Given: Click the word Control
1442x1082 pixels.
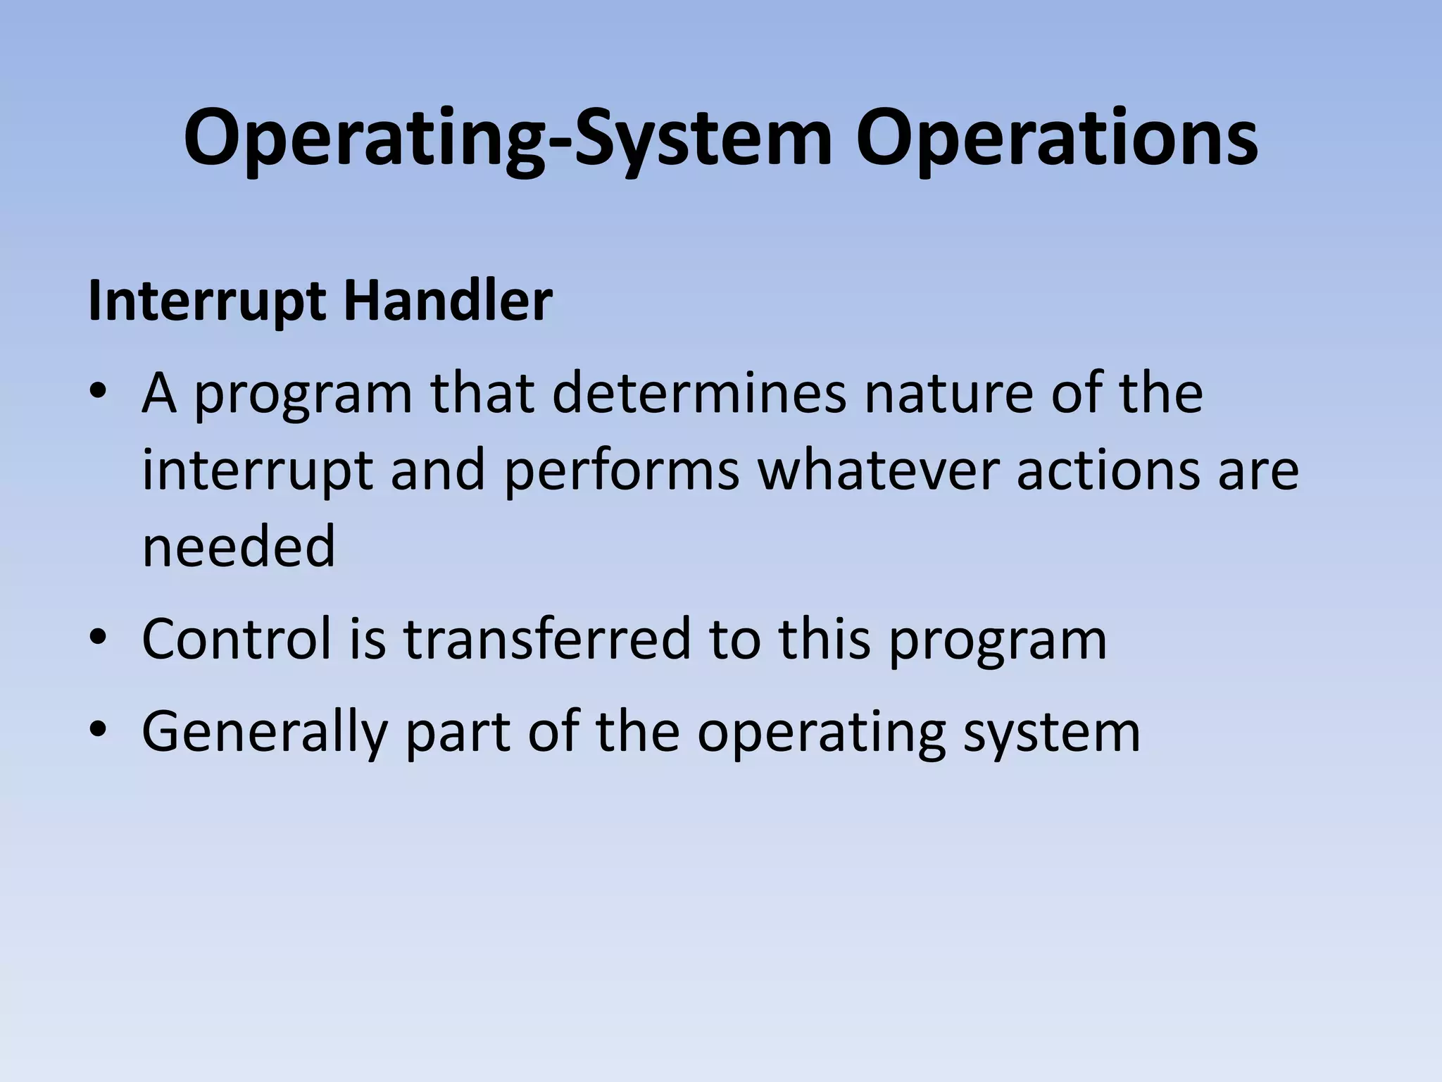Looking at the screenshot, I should (x=237, y=638).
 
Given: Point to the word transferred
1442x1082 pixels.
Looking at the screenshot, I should (x=547, y=638).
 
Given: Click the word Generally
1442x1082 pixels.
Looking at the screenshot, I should (x=265, y=733).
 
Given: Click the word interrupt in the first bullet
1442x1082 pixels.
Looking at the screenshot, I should (x=257, y=471).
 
